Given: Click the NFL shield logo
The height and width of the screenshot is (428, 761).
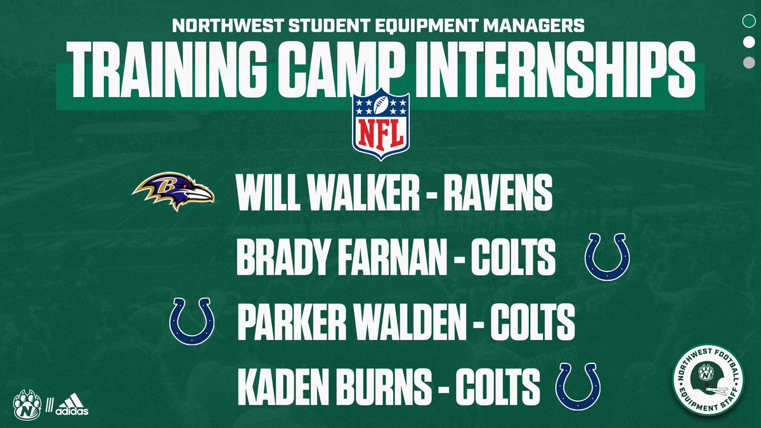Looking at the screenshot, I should point(381,125).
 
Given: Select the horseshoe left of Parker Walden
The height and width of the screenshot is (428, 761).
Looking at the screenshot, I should point(192,321).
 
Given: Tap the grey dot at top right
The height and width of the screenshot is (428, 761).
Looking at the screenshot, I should point(748,62).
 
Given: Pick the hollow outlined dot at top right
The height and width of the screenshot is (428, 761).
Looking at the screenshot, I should point(748,20).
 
